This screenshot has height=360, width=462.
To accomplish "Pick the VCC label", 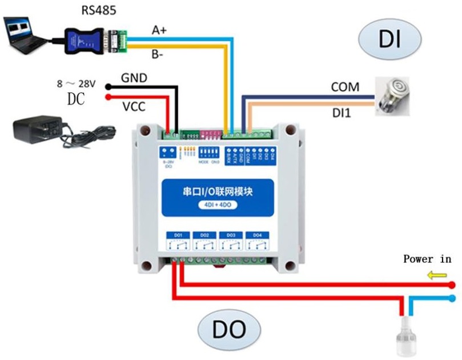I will tap(134, 106).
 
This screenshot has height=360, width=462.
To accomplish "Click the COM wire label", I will tap(345, 87).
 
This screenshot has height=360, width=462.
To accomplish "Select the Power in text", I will tap(427, 259).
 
